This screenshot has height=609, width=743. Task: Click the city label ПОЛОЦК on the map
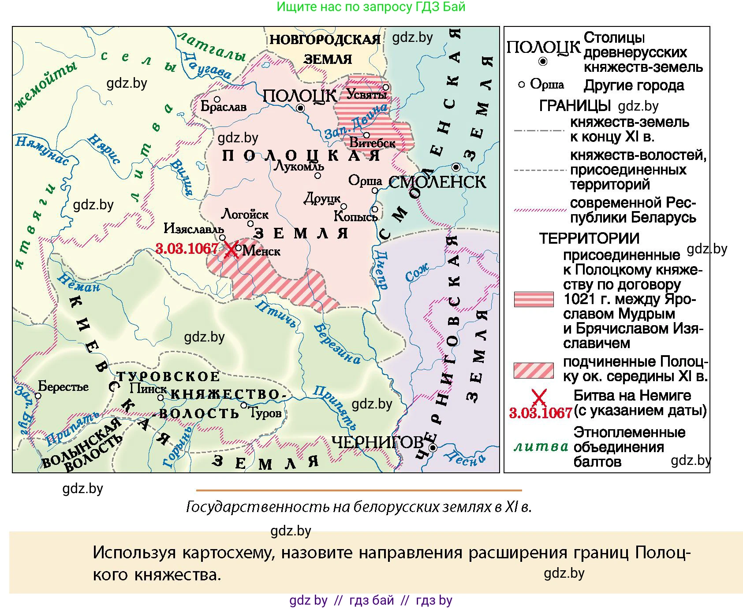299,96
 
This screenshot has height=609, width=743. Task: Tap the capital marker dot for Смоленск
456,167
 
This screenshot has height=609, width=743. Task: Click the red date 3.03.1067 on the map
187,249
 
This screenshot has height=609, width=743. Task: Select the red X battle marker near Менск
230,249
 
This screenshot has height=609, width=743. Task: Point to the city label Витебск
372,143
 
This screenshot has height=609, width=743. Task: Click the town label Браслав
223,107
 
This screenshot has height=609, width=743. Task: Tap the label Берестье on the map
63,386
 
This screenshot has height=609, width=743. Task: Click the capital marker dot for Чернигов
433,448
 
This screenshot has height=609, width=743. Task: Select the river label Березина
337,344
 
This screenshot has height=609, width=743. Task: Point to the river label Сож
417,272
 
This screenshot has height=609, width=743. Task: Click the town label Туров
265,413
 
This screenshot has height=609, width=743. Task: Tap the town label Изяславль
194,228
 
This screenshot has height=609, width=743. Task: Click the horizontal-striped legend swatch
534,299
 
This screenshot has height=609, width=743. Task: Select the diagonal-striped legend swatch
534,370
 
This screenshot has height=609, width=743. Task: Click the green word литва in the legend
541,446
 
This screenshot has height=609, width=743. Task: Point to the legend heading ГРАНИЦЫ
575,106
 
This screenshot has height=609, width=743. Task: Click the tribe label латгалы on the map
211,47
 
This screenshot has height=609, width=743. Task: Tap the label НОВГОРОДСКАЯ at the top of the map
325,40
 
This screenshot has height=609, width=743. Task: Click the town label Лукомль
299,166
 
